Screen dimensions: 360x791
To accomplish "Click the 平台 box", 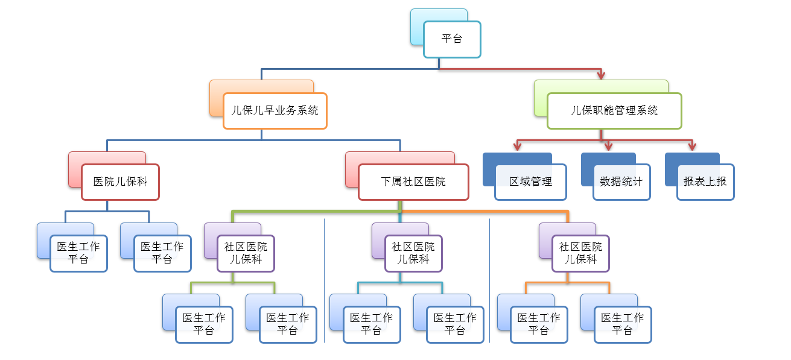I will click(x=452, y=39).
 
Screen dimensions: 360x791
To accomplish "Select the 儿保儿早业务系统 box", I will click(x=275, y=111).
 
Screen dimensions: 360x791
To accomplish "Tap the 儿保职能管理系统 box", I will click(x=614, y=111).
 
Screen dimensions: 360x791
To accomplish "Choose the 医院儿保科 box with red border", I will click(x=120, y=182).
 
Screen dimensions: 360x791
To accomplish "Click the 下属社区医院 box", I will click(x=413, y=182).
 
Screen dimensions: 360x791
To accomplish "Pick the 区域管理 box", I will click(x=530, y=182).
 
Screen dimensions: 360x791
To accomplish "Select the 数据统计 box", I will click(x=621, y=182).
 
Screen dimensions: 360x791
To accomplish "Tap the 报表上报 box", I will click(x=705, y=182).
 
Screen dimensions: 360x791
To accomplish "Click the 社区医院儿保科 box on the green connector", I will click(x=246, y=253).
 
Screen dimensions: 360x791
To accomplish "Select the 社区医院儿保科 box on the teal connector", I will click(x=413, y=253).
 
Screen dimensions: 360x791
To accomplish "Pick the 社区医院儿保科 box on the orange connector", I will click(x=580, y=253).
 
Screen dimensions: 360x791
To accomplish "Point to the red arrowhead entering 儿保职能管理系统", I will click(x=600, y=75).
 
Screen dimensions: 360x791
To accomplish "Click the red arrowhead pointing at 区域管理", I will click(x=517, y=147).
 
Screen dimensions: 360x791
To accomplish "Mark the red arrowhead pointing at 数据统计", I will click(x=608, y=147).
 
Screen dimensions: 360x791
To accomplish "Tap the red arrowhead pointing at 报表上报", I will click(x=692, y=147).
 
